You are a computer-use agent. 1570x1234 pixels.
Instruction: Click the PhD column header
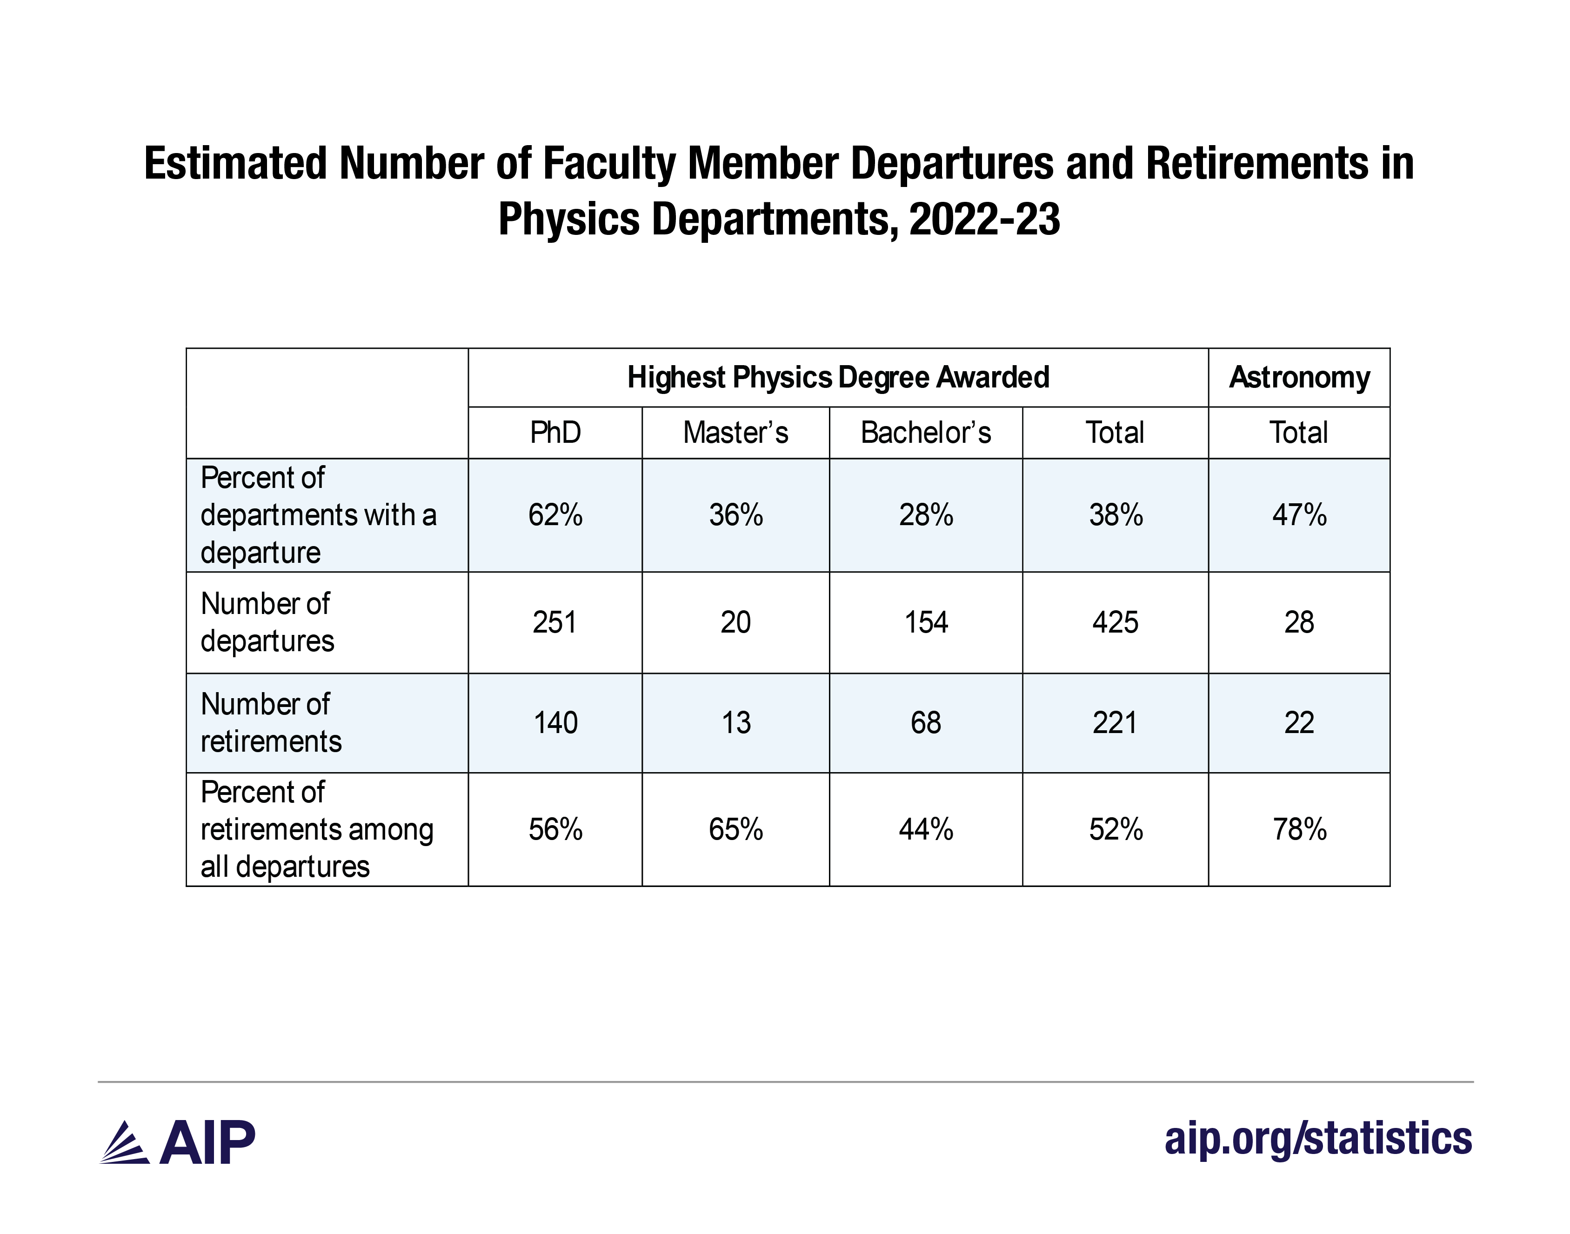555,433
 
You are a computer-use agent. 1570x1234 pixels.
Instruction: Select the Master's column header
735,433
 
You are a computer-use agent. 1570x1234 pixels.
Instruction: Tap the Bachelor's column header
926,433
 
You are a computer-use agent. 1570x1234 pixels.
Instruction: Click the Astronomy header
1299,377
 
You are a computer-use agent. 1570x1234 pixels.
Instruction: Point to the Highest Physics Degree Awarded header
838,377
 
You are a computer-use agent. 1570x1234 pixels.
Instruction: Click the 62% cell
555,515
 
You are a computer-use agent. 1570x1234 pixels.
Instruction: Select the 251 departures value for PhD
555,622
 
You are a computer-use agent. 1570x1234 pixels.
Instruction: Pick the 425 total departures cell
1115,622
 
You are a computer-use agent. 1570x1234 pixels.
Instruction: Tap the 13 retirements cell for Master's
735,722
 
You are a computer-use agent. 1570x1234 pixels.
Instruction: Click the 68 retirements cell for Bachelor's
926,722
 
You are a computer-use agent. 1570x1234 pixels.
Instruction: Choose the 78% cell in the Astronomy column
1299,829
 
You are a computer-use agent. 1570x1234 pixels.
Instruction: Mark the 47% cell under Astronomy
1299,515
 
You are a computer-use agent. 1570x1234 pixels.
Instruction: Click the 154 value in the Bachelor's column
926,622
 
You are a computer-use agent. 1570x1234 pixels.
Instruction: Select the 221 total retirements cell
1115,722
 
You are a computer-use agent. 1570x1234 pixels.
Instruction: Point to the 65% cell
735,829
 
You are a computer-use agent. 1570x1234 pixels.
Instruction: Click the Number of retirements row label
271,722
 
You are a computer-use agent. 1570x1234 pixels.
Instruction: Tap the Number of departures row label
267,622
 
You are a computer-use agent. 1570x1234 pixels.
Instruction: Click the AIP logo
178,1142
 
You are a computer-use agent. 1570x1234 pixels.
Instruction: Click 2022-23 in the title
984,219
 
